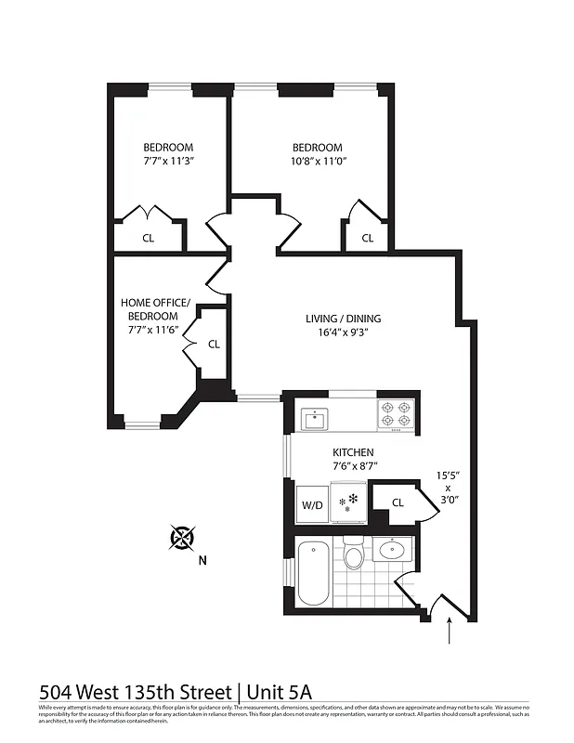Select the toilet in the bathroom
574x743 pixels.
[353, 555]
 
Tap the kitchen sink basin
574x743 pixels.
[315, 420]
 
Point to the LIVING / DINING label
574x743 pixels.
[343, 319]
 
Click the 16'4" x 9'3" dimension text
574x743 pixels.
[344, 334]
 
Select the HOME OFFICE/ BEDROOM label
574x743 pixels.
[155, 309]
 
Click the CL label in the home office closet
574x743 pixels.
[214, 344]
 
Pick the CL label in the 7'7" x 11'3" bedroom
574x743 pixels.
[149, 238]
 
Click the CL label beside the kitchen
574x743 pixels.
[398, 502]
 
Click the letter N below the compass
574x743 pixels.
[202, 560]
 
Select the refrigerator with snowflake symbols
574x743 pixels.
[348, 502]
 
